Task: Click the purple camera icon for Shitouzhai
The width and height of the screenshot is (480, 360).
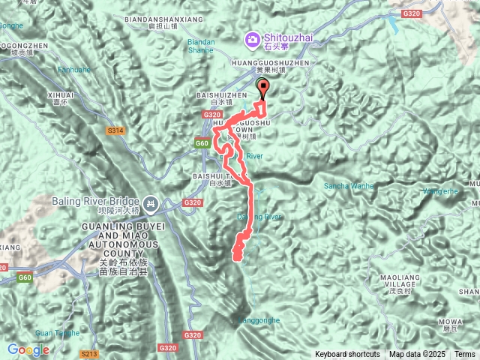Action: [x=253, y=38]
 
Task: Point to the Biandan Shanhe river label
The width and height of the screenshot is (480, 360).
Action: [x=201, y=46]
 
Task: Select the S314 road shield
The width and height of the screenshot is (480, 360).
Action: [x=115, y=130]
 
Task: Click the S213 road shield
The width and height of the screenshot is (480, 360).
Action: [x=89, y=354]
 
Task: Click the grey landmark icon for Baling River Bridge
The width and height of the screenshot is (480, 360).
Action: [x=150, y=202]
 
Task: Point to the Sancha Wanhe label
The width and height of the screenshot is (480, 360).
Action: [x=348, y=185]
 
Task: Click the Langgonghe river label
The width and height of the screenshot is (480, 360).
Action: [x=259, y=320]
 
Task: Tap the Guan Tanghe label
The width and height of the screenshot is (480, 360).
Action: [x=57, y=333]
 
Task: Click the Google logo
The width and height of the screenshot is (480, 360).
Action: [x=28, y=349]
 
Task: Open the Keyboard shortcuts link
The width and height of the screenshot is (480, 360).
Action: [x=347, y=354]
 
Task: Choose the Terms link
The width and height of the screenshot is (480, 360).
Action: [x=464, y=354]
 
